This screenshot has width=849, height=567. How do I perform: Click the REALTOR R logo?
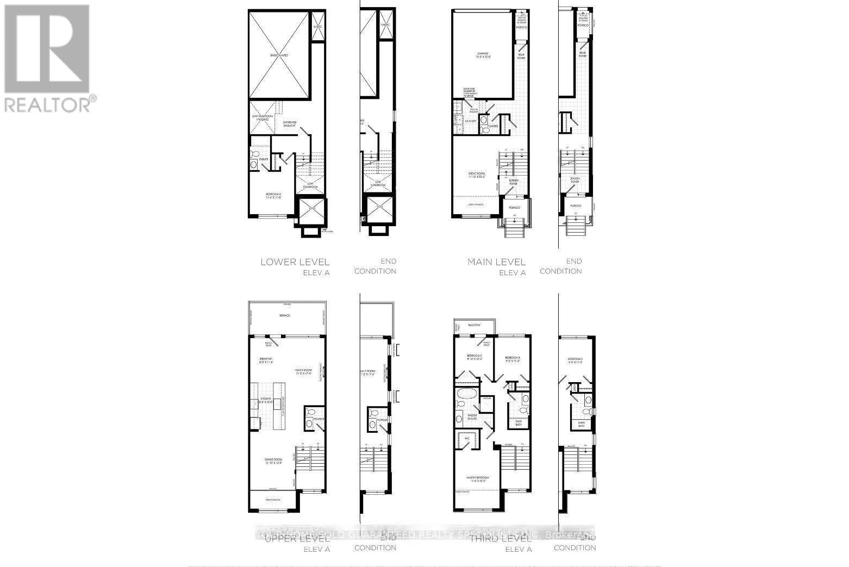click(47, 49)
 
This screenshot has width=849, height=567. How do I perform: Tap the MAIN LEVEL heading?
click(496, 262)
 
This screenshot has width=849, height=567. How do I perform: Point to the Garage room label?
click(483, 55)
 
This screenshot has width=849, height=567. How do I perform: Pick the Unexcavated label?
click(280, 55)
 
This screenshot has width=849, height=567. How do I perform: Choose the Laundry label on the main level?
click(470, 121)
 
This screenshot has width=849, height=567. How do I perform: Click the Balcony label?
click(473, 325)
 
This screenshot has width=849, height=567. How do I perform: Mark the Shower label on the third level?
click(487, 397)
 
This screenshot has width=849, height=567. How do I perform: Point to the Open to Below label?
click(273, 500)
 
